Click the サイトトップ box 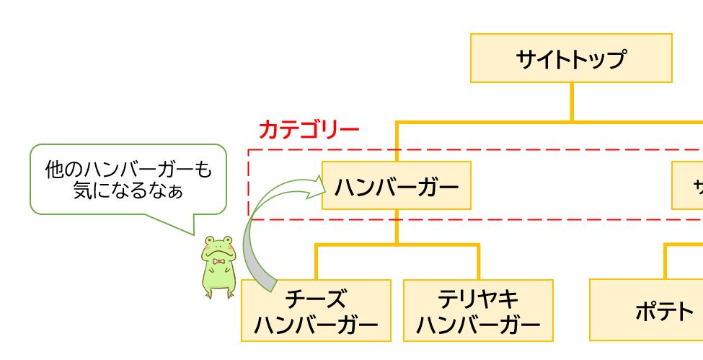571,58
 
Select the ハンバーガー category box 396,185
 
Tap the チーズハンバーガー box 316,310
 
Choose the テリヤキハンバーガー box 478,310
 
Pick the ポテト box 646,310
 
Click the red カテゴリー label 309,130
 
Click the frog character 218,267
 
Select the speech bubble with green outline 128,179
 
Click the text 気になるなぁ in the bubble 128,191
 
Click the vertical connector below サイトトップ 572,101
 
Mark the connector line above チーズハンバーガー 316,262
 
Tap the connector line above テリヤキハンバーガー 478,262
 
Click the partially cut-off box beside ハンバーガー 688,185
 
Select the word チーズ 316,299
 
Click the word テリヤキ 478,299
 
